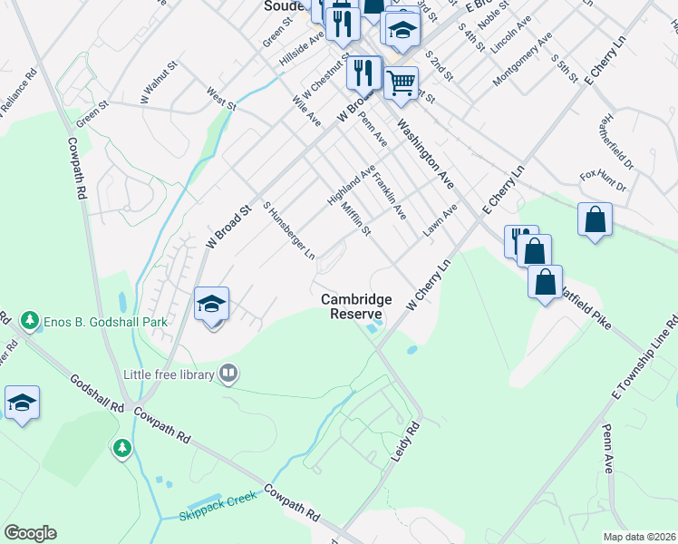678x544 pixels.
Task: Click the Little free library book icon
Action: (x=229, y=373)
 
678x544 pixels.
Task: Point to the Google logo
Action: (x=30, y=533)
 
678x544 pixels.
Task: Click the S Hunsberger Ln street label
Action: (x=288, y=230)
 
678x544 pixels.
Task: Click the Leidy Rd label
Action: (x=408, y=439)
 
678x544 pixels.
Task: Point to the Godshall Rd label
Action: (x=95, y=390)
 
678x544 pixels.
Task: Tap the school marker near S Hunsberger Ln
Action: (x=211, y=304)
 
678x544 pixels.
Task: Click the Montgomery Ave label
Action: (x=522, y=60)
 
